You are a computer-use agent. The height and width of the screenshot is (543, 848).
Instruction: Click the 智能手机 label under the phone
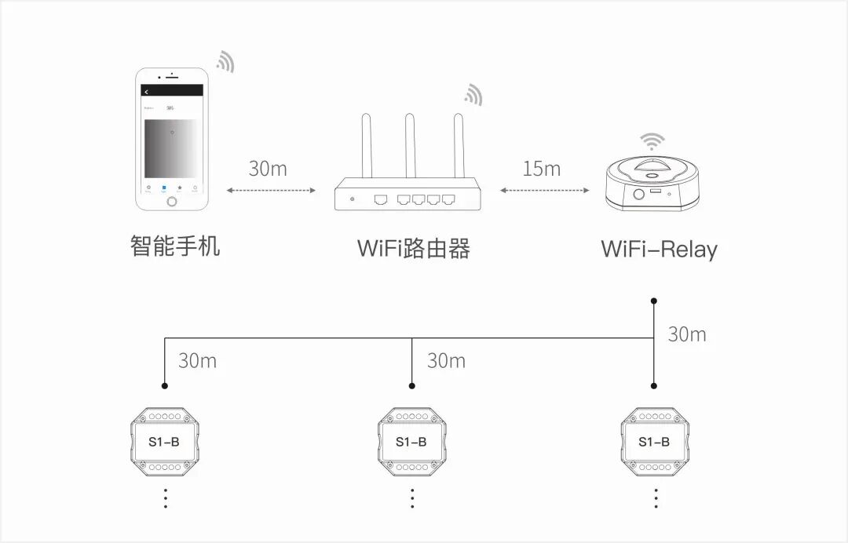175,246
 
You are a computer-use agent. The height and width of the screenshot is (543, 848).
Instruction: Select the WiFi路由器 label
414,249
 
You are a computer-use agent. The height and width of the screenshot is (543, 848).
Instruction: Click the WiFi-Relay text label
659,250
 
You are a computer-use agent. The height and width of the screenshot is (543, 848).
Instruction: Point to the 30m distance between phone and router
268,169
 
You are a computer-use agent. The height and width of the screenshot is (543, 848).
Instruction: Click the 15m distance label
542,169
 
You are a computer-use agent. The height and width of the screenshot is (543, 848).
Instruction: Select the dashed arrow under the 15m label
545,190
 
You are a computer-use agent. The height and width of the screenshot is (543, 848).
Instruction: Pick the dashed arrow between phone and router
271,190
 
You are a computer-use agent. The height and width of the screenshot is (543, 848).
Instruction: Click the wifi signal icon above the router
473,95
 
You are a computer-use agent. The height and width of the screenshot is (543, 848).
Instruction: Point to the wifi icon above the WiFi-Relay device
651,141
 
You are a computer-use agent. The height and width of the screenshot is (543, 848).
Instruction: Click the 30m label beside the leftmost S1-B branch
197,361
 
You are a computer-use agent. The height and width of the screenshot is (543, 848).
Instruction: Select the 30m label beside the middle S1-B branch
446,361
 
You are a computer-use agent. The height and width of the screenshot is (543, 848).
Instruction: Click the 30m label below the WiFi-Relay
686,334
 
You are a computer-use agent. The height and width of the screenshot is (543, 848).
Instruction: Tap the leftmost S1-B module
164,442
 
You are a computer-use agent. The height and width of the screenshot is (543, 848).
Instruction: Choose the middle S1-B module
411,442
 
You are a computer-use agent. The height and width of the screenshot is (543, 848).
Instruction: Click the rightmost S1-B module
654,442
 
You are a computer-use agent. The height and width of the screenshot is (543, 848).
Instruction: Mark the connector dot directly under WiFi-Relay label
654,300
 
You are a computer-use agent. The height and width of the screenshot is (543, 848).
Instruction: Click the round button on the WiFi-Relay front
638,193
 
